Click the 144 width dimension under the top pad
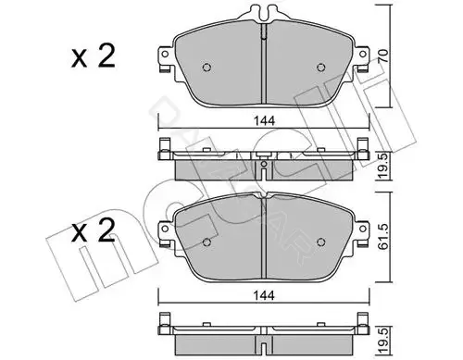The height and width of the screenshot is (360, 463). point(264,121)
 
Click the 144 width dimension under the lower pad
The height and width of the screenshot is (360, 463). point(264,295)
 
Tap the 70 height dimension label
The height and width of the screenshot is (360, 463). point(383,56)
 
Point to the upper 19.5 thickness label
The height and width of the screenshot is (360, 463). point(383,166)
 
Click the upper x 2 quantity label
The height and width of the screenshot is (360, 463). point(93,56)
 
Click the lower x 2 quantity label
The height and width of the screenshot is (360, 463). point(93,230)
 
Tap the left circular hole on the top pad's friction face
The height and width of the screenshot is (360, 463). point(206,68)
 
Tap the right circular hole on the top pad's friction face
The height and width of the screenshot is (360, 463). point(321,68)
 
